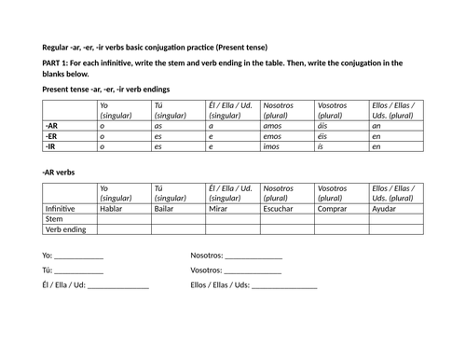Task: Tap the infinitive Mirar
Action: pos(220,209)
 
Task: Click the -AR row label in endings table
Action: pos(52,123)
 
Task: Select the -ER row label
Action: pos(52,134)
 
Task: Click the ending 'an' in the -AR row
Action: pos(376,123)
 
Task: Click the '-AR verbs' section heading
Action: pos(60,172)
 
